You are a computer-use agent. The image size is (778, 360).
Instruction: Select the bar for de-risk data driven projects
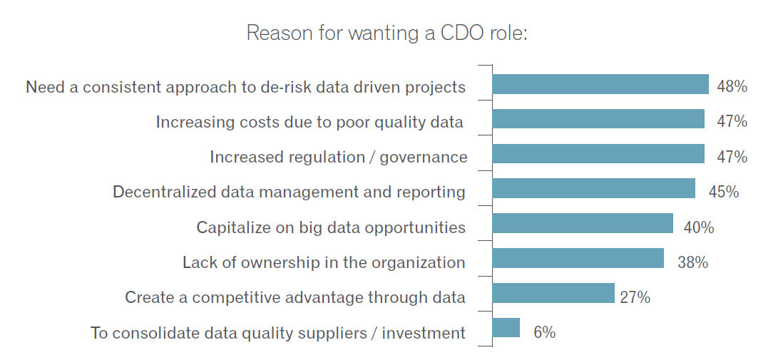point(600,84)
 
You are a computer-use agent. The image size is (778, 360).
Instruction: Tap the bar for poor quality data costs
point(598,119)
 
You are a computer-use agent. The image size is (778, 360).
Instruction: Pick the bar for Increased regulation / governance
point(598,154)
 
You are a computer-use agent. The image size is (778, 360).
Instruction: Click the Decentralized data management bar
point(593,188)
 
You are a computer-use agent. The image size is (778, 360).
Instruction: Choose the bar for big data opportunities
point(582,223)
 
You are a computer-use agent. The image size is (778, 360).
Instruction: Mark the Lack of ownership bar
point(578,258)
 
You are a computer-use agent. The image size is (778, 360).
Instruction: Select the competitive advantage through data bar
point(553,293)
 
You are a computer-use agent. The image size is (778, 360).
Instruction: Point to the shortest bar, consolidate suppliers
point(506,328)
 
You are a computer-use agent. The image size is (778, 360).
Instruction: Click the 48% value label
point(732,87)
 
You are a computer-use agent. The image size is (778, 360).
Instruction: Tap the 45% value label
point(723,192)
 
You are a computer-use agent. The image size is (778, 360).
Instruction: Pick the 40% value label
point(698,227)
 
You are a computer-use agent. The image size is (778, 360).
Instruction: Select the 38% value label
point(692,262)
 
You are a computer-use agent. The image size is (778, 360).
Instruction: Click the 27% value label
point(635,297)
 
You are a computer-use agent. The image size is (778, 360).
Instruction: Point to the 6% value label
point(544,332)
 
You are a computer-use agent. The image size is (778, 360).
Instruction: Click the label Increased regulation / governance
point(338,157)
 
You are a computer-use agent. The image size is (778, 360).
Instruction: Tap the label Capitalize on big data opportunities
point(331,227)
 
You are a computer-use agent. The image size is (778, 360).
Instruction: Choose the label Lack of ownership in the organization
point(324,262)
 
